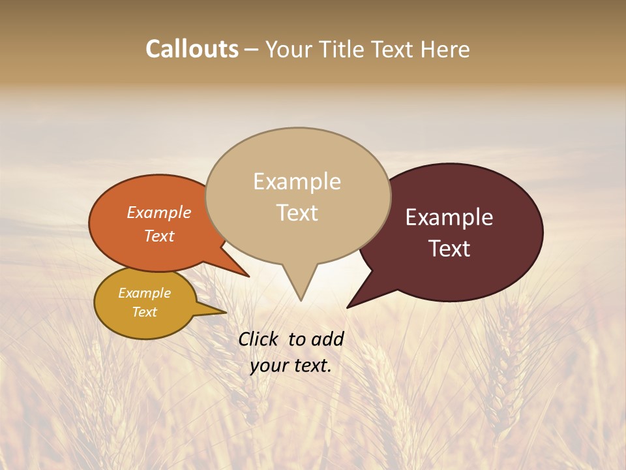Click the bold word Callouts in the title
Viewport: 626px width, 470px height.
[192, 50]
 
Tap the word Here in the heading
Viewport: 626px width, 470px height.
[445, 50]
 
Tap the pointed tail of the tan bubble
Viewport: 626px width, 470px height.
[300, 287]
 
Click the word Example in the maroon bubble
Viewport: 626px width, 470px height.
[449, 217]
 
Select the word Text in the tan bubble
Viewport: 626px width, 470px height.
[297, 213]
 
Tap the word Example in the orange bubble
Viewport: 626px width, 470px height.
[159, 212]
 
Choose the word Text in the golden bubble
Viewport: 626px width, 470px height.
[145, 312]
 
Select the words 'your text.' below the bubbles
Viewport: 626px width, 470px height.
[291, 366]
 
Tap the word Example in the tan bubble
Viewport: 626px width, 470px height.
[297, 181]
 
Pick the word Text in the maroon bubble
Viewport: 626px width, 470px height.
[450, 249]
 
